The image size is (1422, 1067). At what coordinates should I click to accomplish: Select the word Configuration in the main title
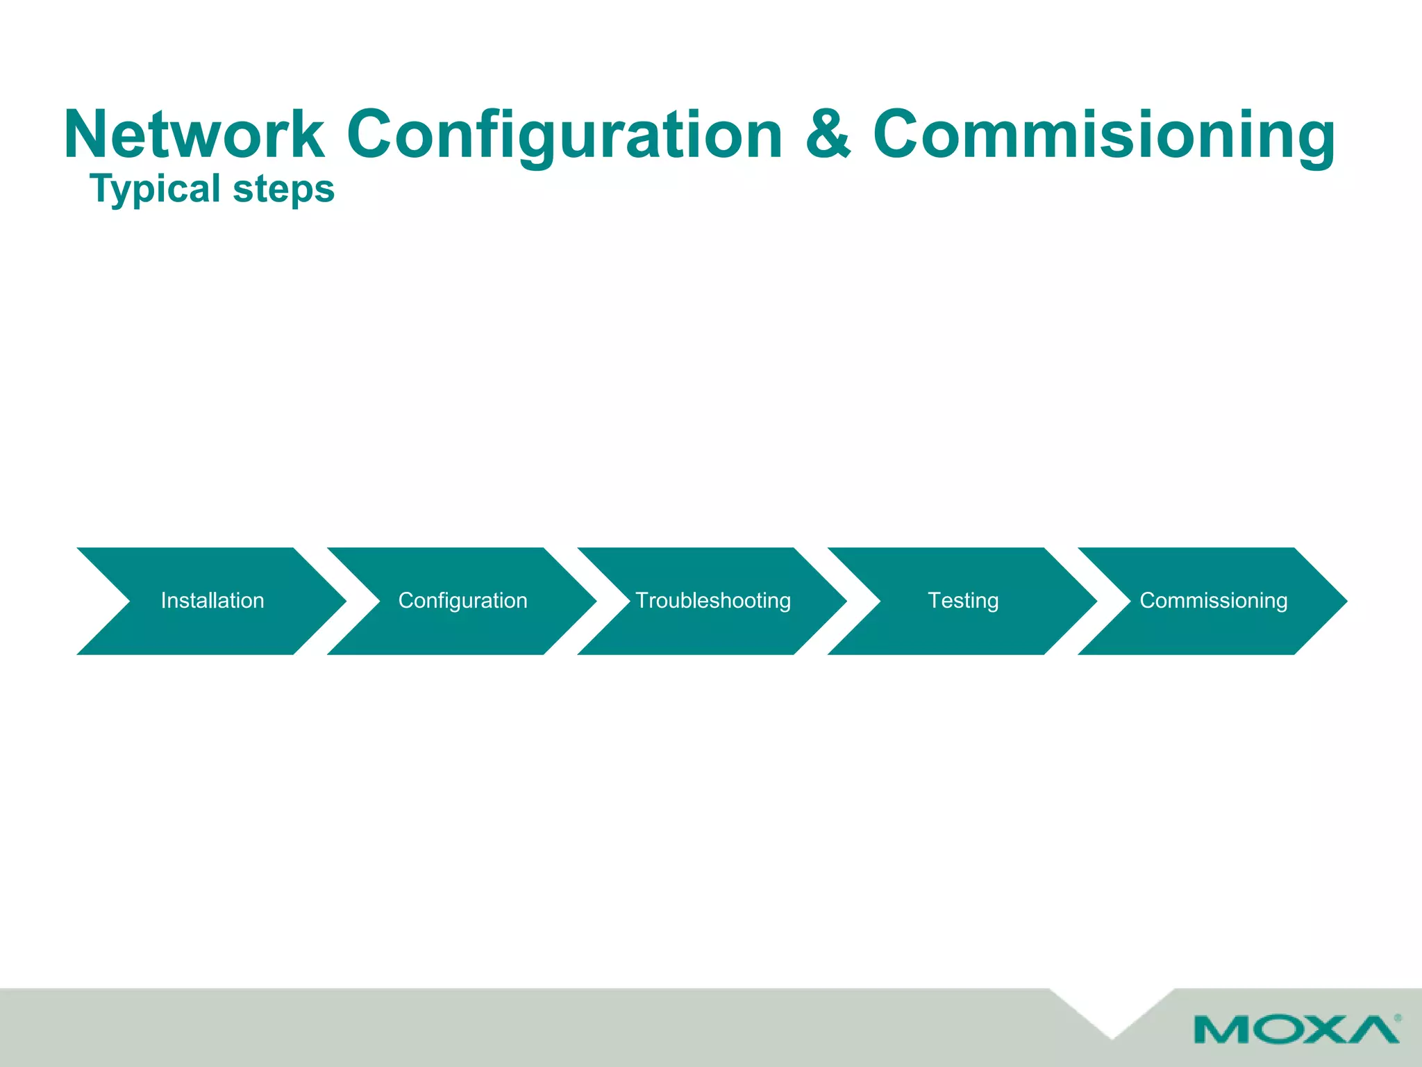[x=564, y=135]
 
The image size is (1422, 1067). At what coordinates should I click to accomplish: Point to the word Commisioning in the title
[x=1103, y=135]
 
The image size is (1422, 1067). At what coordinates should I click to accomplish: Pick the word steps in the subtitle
[x=283, y=190]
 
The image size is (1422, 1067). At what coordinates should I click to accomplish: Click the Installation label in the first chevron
[x=212, y=600]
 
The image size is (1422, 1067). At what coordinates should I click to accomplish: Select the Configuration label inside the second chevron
[x=462, y=600]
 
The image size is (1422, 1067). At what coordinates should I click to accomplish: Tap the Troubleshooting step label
[x=713, y=600]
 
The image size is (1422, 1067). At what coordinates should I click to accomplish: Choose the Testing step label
[x=963, y=600]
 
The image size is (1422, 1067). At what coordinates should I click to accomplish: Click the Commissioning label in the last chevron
[x=1213, y=600]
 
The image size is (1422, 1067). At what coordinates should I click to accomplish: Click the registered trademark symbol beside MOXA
[x=1397, y=1018]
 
